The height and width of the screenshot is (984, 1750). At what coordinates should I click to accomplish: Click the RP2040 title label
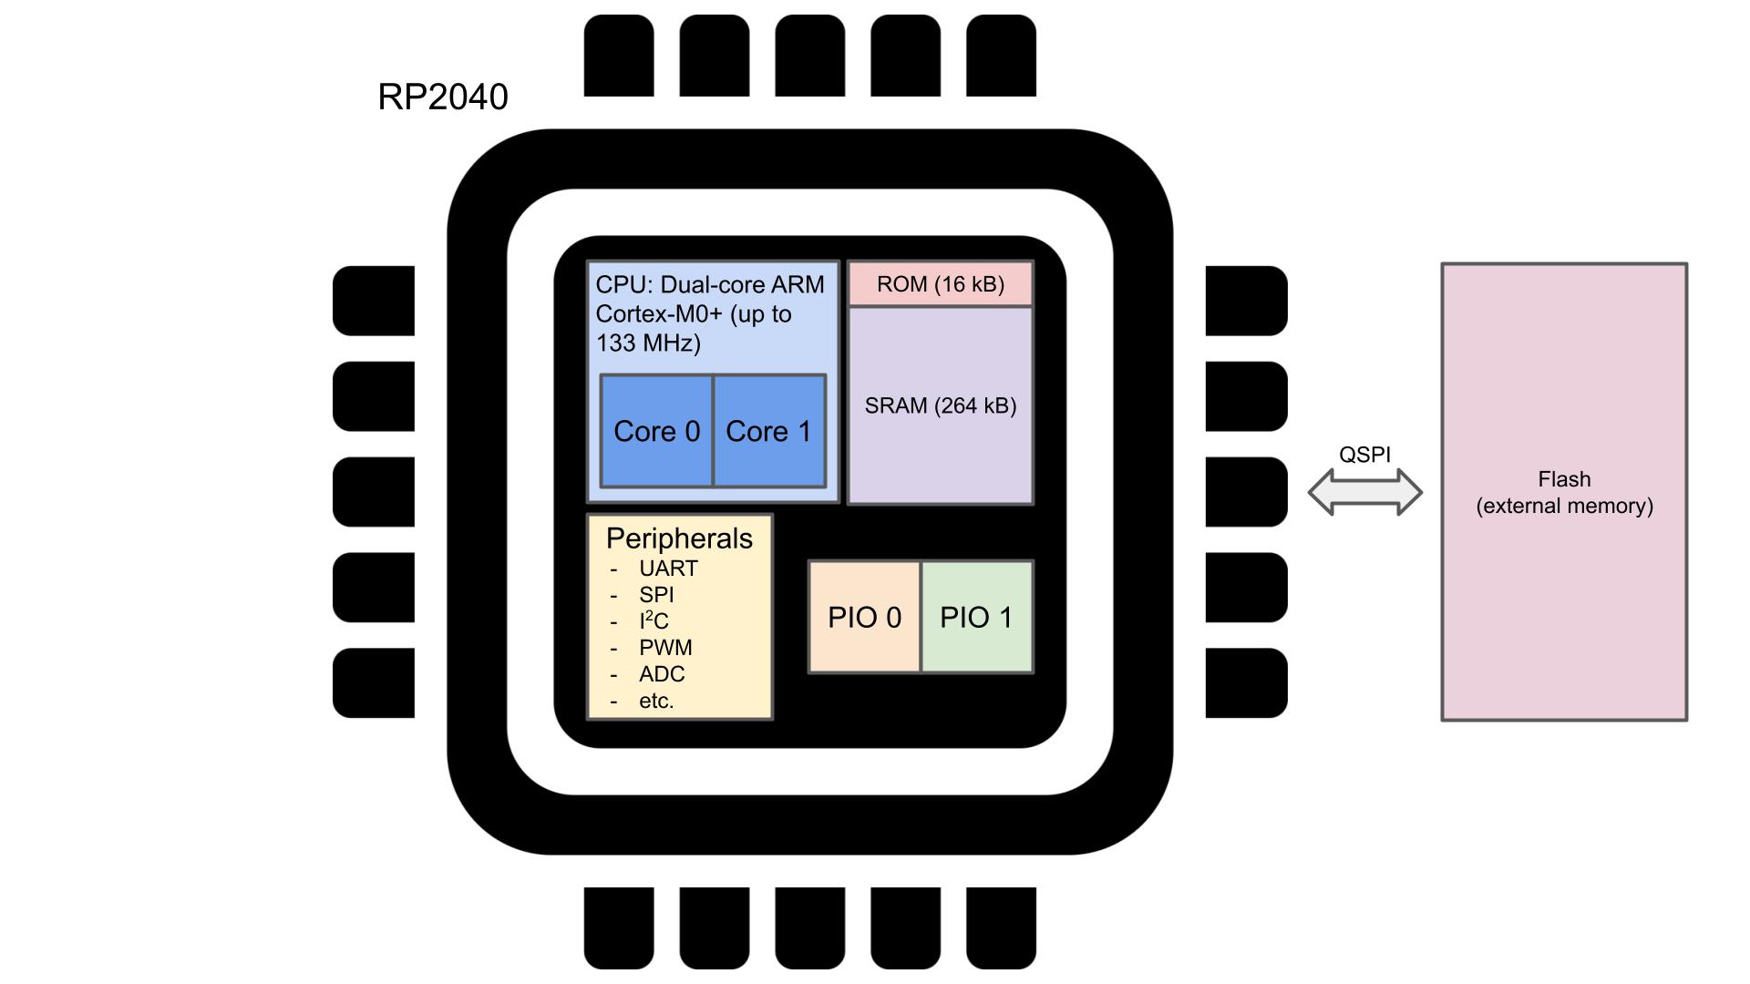pos(443,97)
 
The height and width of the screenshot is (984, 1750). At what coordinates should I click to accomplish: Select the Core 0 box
pos(656,431)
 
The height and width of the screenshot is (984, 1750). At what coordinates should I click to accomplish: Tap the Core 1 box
pos(769,431)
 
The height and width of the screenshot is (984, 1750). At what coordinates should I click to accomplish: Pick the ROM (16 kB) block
pos(941,284)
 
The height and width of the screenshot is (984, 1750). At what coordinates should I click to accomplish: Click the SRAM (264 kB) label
pos(941,405)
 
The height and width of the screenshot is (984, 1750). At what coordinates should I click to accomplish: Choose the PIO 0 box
pos(864,618)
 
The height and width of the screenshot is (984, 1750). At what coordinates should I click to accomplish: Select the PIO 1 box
pos(977,618)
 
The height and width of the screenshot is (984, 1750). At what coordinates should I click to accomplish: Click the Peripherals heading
pos(679,538)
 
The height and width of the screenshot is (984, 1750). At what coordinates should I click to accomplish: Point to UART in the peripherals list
pos(668,569)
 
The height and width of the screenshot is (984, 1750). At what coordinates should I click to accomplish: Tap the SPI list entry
pos(656,595)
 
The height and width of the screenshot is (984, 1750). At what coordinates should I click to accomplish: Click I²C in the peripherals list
pos(654,621)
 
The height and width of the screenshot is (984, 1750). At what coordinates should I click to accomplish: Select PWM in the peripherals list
pos(665,648)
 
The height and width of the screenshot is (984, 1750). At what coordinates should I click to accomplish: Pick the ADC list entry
pos(662,674)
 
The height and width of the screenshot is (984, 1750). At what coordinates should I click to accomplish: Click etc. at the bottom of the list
pos(656,701)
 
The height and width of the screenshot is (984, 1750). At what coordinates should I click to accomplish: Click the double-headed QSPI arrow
pos(1364,492)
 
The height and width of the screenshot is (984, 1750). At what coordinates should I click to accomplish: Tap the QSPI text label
pos(1364,455)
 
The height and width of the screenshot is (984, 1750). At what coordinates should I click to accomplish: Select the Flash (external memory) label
pos(1564,492)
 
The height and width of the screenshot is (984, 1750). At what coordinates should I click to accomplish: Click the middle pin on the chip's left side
pos(374,492)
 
